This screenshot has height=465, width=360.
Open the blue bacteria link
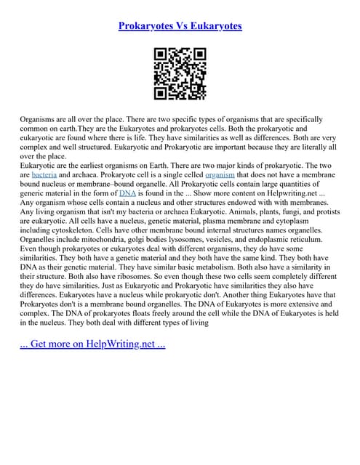click(44, 175)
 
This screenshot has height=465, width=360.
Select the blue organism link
click(219, 175)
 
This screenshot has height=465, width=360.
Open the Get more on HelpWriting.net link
click(93, 343)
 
